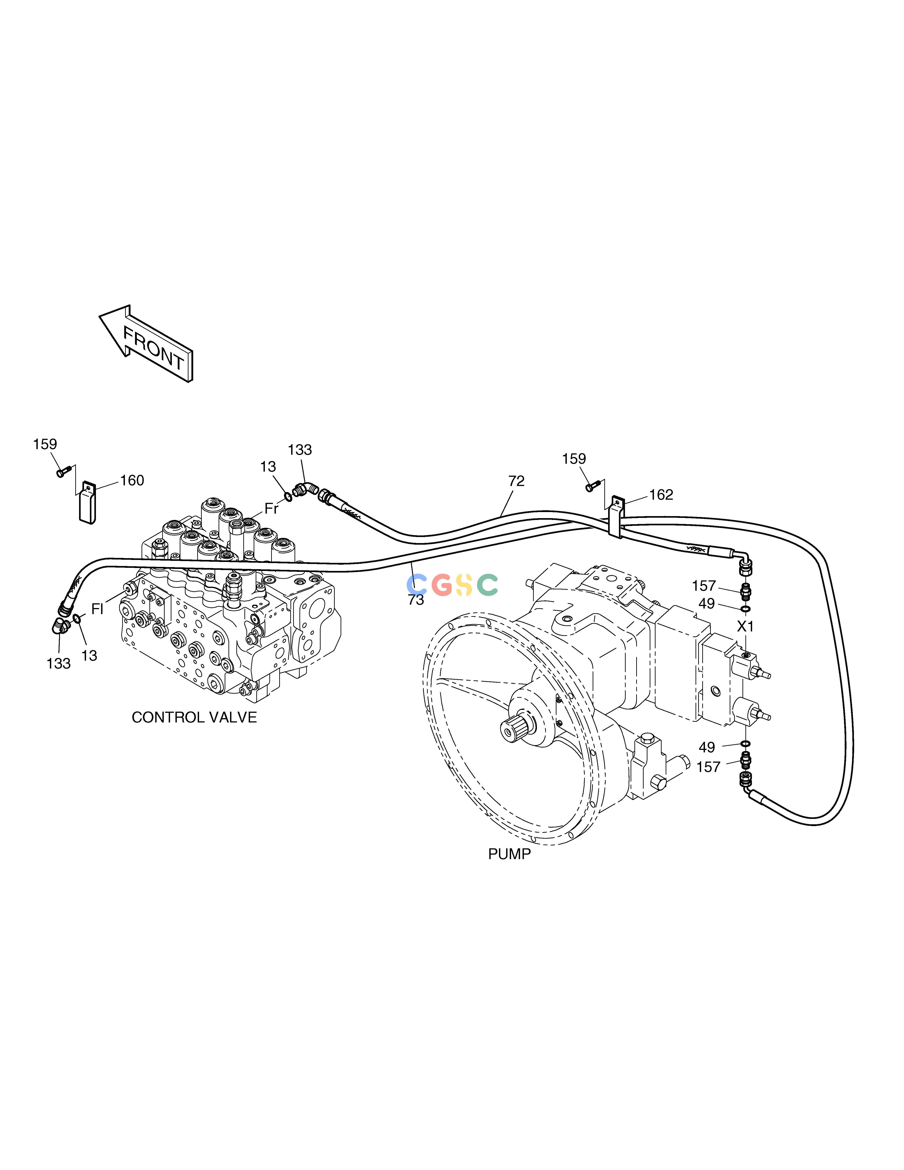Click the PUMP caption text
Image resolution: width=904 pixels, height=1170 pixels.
[x=509, y=854]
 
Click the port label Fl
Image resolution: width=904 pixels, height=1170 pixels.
[x=97, y=608]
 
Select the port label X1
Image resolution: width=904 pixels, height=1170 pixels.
[x=745, y=626]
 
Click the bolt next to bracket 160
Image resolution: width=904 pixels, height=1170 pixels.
[x=64, y=472]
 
